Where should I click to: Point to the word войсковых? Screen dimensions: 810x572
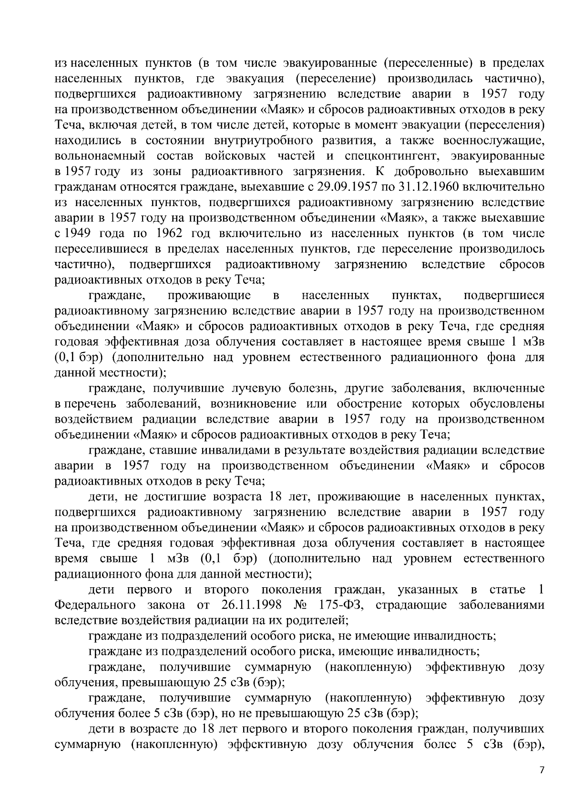[237, 156]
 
